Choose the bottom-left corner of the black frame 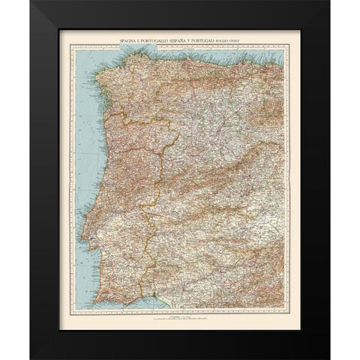coord(32,358)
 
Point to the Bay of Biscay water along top coord(187,51)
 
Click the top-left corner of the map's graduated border coord(73,44)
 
